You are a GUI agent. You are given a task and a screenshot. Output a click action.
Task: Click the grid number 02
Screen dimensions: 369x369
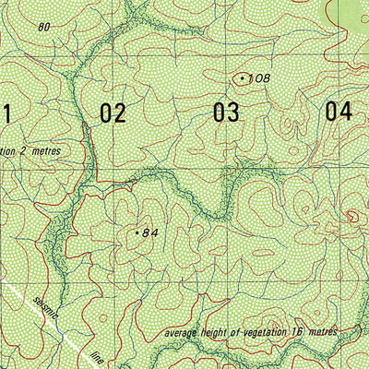[113, 113]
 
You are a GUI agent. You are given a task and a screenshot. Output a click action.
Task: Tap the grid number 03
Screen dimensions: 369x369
[226, 113]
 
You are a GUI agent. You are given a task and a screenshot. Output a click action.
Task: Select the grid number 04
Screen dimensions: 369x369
[339, 112]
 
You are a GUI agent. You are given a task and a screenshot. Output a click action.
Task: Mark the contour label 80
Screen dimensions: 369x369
[43, 27]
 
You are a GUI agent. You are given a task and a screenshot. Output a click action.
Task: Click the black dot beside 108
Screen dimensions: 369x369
[242, 79]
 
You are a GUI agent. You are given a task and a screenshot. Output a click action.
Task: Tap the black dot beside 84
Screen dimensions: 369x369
[136, 233]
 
